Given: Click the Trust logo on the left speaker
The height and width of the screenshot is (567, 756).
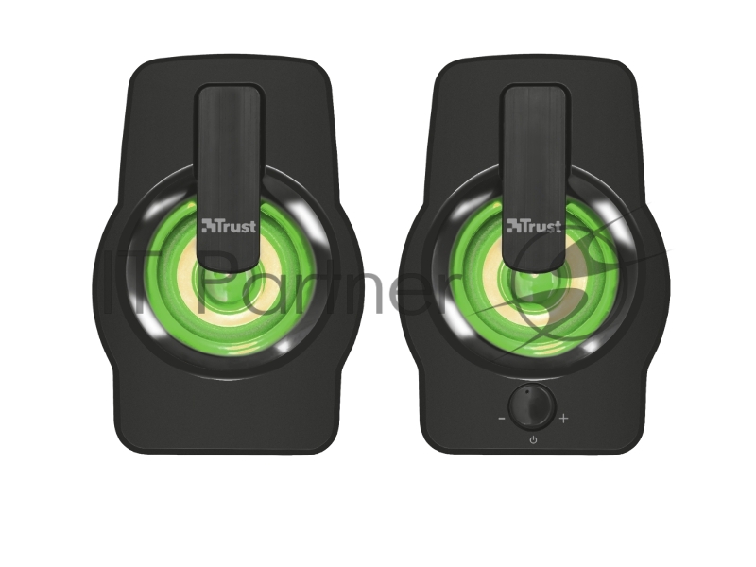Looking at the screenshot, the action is (x=229, y=226).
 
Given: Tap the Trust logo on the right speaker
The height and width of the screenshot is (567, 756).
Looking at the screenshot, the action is (x=534, y=226).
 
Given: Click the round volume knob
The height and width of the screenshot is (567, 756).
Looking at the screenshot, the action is (x=532, y=406).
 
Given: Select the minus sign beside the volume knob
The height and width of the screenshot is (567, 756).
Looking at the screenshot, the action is (x=502, y=419).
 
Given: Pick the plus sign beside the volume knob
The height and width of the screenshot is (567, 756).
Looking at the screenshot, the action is (x=563, y=418).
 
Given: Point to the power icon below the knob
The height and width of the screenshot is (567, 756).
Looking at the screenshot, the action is (x=533, y=439).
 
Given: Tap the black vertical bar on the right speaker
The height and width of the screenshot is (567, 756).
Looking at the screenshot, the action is (x=535, y=176).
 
